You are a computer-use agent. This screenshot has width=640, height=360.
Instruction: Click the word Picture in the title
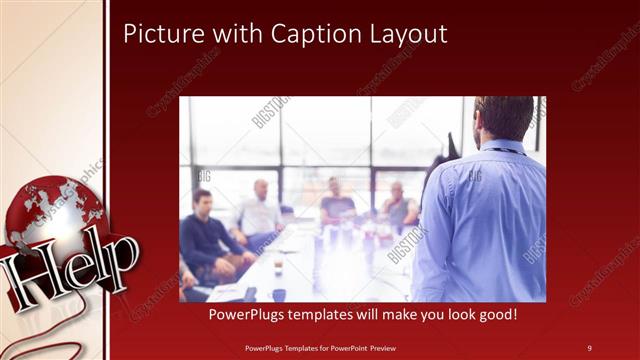159,34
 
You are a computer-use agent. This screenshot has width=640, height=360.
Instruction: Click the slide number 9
589,347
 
